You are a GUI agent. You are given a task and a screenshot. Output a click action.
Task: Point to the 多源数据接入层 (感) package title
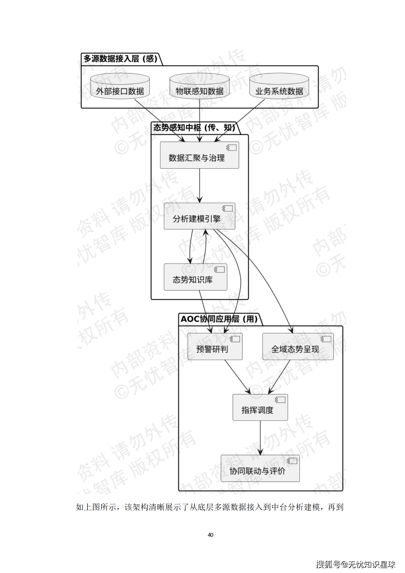click(120, 59)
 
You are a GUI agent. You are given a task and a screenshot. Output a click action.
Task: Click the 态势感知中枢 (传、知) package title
click(194, 128)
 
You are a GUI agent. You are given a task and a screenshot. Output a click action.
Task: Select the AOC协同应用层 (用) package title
click(219, 319)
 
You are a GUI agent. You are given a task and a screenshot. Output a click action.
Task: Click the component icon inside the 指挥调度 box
click(280, 400)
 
